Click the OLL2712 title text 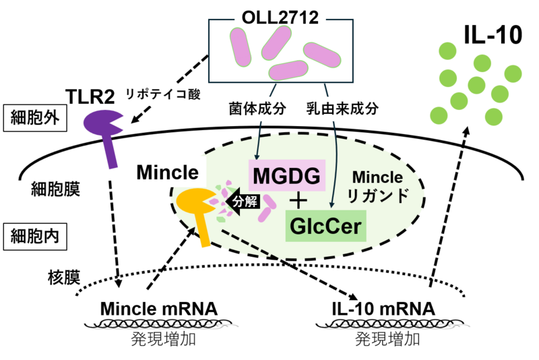pyautogui.click(x=280, y=18)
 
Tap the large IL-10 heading pyautogui.click(x=493, y=35)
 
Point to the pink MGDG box pyautogui.click(x=287, y=175)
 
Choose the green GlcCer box pyautogui.click(x=326, y=226)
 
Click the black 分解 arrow pyautogui.click(x=243, y=202)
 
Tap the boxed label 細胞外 pyautogui.click(x=35, y=118)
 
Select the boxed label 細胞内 pyautogui.click(x=35, y=237)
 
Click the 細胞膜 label pyautogui.click(x=55, y=189)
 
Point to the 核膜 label pyautogui.click(x=64, y=277)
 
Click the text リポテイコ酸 pyautogui.click(x=163, y=94)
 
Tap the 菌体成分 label pyautogui.click(x=258, y=109)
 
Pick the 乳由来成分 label pyautogui.click(x=343, y=109)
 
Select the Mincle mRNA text pyautogui.click(x=159, y=309)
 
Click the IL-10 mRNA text pyautogui.click(x=383, y=309)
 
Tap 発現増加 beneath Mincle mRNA pyautogui.click(x=164, y=339)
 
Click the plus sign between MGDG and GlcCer pyautogui.click(x=298, y=201)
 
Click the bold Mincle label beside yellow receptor pyautogui.click(x=167, y=173)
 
